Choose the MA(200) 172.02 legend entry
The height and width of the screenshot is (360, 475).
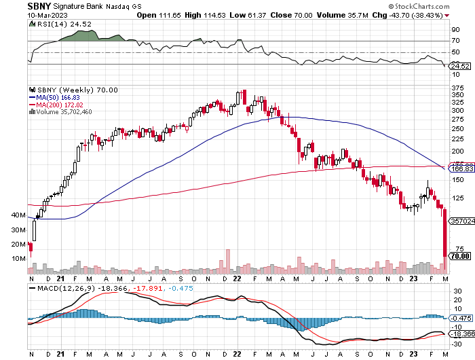[x=56, y=105]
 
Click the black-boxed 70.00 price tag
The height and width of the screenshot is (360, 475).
[x=460, y=256]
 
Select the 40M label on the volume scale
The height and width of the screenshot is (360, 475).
[x=20, y=215]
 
